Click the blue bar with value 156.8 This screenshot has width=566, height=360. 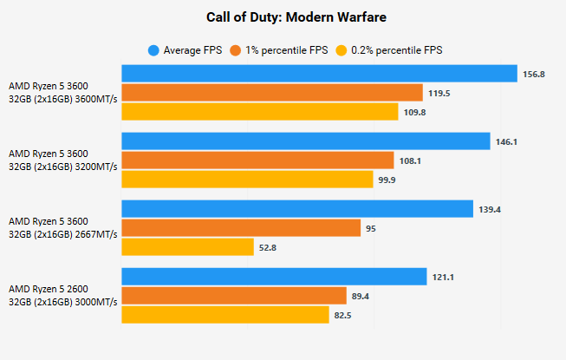319,74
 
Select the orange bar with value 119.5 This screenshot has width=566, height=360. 272,93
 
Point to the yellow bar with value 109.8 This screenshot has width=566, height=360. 260,112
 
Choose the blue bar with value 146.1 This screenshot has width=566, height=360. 306,141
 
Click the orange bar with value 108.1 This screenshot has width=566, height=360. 257,160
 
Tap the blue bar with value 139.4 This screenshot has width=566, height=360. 297,209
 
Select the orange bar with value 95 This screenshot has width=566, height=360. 241,228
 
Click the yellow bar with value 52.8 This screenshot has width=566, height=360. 188,247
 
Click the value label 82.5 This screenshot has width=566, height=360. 343,316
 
